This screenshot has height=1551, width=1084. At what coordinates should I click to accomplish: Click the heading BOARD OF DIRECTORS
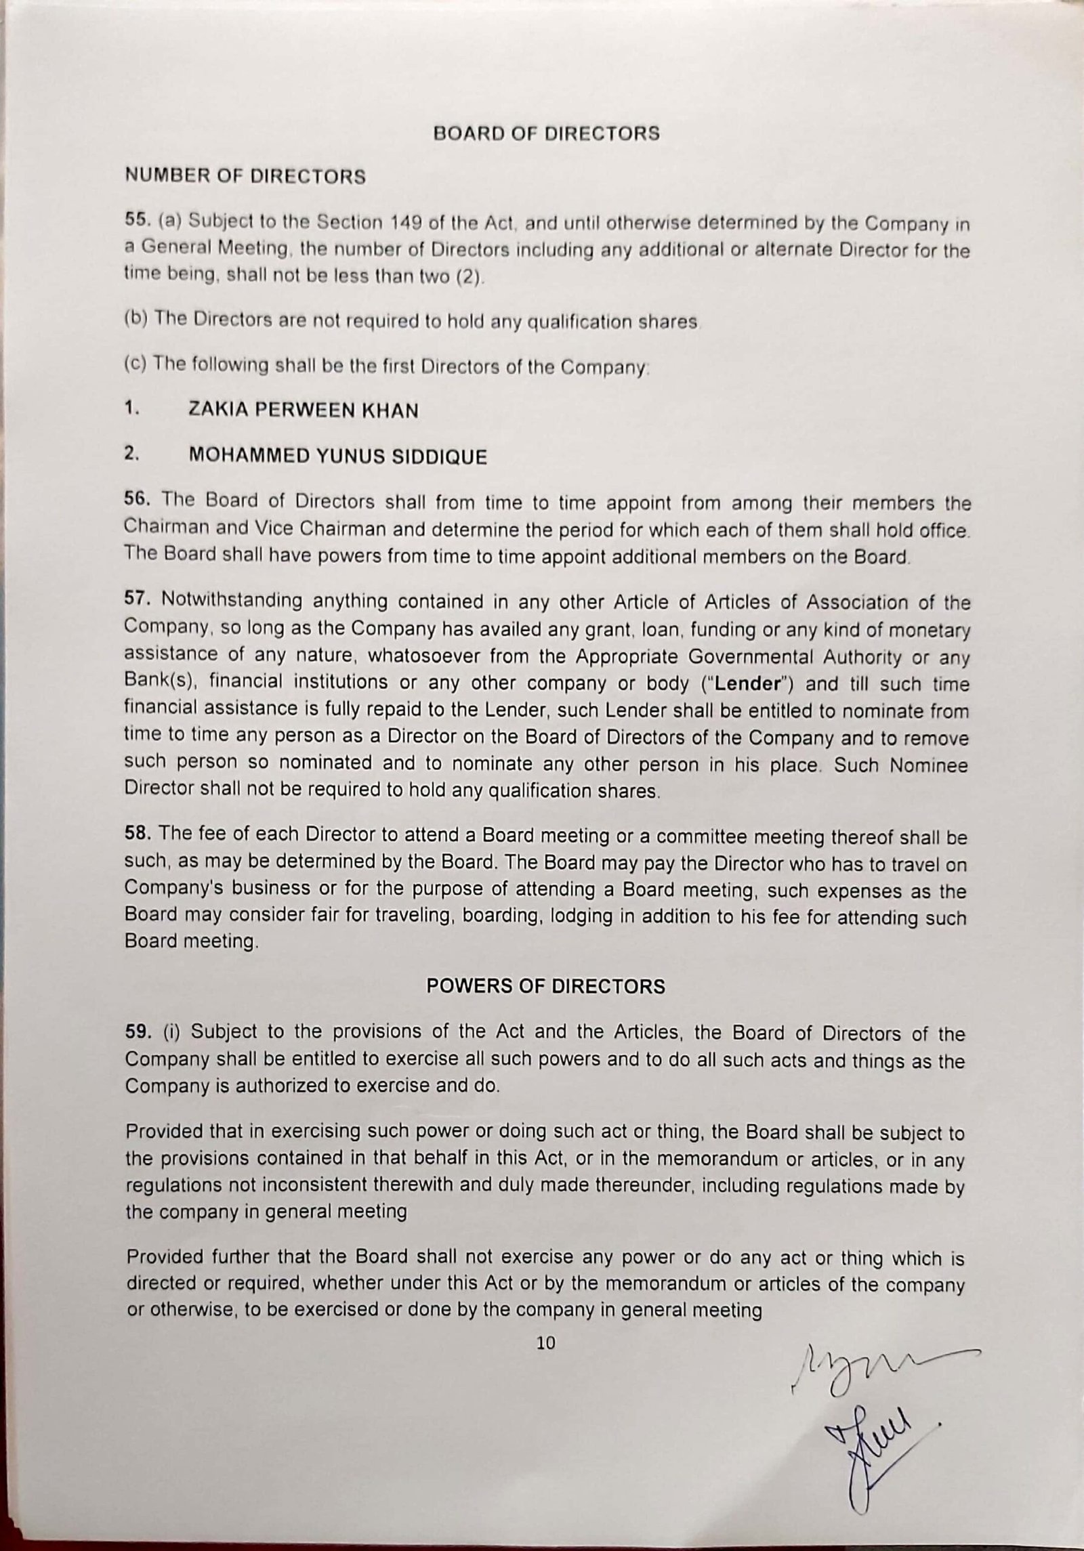546,133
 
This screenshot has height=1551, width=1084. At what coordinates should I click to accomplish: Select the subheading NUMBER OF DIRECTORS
245,177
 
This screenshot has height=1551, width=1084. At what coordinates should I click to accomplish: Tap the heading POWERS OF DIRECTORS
545,986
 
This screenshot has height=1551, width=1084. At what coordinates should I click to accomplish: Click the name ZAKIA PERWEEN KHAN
303,410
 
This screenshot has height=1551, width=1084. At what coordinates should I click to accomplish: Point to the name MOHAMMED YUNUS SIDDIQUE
337,456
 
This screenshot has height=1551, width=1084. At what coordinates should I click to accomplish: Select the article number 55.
135,219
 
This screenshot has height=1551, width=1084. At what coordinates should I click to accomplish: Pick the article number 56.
135,500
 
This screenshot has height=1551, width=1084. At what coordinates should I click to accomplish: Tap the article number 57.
135,600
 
